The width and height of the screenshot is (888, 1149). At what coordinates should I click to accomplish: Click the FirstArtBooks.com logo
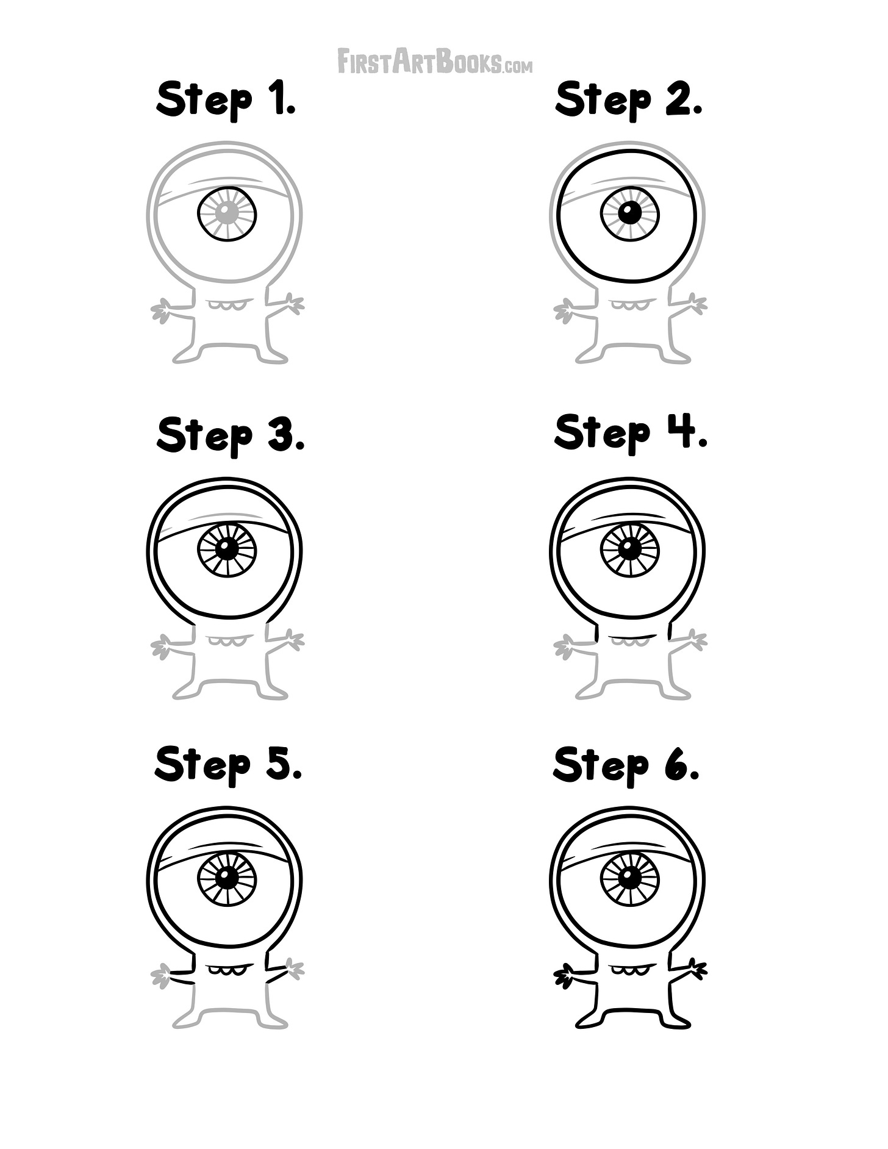435,62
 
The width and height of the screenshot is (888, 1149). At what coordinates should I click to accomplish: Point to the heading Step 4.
630,432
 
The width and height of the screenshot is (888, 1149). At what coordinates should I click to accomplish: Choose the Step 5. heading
228,765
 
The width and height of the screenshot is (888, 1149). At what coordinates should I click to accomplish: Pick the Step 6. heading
626,765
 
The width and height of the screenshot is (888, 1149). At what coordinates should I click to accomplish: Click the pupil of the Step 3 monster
227,549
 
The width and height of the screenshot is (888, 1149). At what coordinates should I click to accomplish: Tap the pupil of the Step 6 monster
629,878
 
